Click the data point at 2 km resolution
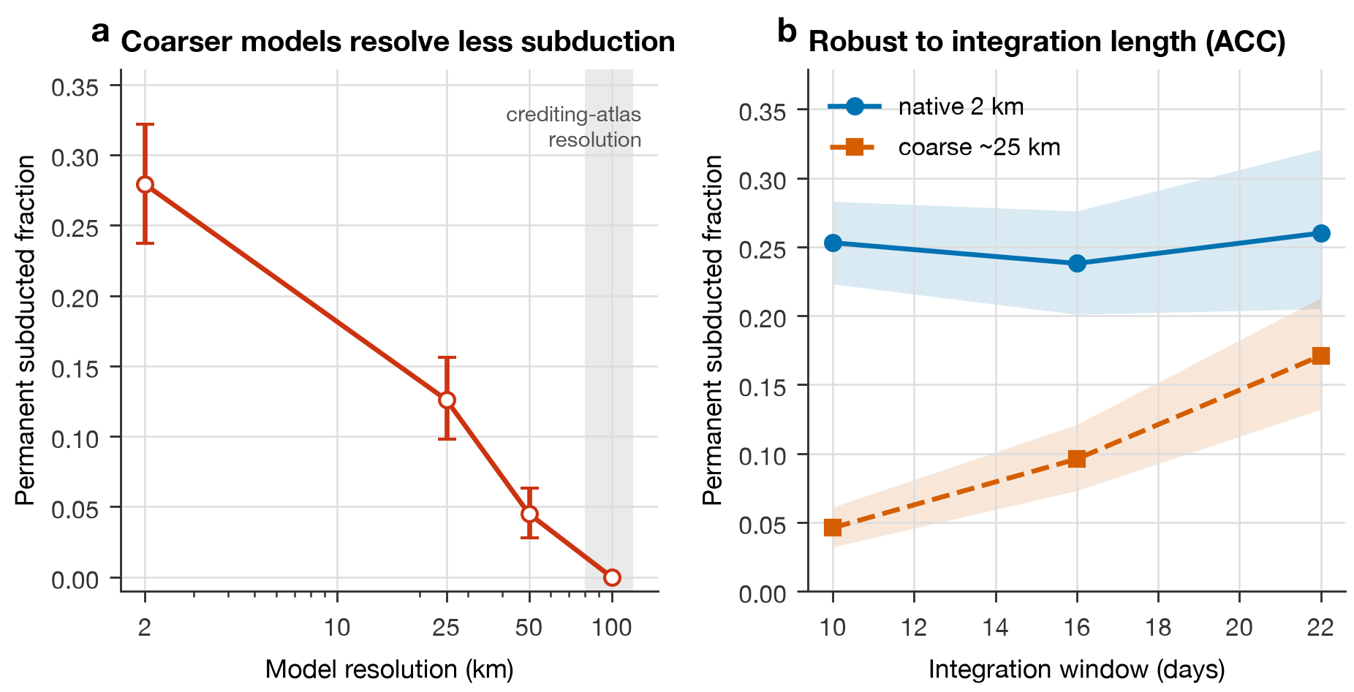(x=145, y=184)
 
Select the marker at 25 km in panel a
(x=447, y=400)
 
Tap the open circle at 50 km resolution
(x=529, y=514)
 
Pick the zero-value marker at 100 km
(x=612, y=577)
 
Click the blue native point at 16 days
(x=1077, y=263)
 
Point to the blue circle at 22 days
(x=1321, y=233)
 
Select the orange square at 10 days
(x=833, y=528)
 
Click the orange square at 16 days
(x=1077, y=459)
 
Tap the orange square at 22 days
(x=1321, y=356)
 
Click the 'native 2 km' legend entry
(x=961, y=107)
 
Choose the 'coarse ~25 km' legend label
(x=979, y=147)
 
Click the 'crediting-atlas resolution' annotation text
(x=574, y=127)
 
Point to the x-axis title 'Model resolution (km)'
(x=390, y=669)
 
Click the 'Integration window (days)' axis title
(x=1077, y=669)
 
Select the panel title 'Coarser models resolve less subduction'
(x=398, y=42)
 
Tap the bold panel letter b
(x=787, y=31)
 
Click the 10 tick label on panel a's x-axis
(x=337, y=627)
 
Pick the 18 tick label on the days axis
(x=1158, y=627)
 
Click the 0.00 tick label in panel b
(x=763, y=593)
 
